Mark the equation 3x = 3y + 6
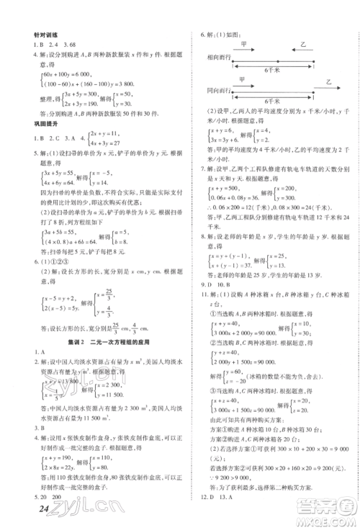tap(224, 153)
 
